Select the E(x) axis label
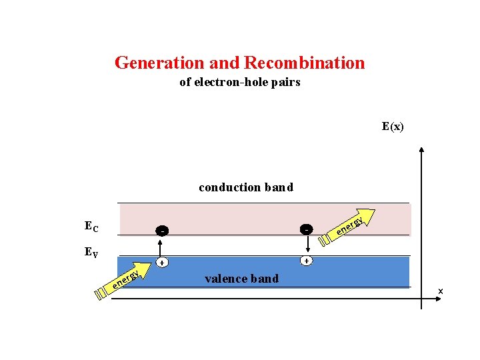pyautogui.click(x=393, y=126)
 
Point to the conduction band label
pyautogui.click(x=245, y=187)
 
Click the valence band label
pyautogui.click(x=241, y=278)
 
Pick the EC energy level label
pyautogui.click(x=91, y=226)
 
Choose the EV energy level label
pyautogui.click(x=92, y=252)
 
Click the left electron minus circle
pyautogui.click(x=161, y=231)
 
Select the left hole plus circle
pyautogui.click(x=161, y=263)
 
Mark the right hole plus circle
pyautogui.click(x=306, y=261)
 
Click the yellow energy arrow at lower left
pyautogui.click(x=124, y=281)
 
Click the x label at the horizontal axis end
pyautogui.click(x=440, y=291)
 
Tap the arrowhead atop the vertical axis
pyautogui.click(x=422, y=151)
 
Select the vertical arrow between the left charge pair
pyautogui.click(x=161, y=247)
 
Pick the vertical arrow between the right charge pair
pyautogui.click(x=306, y=245)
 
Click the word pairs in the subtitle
pyautogui.click(x=287, y=82)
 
